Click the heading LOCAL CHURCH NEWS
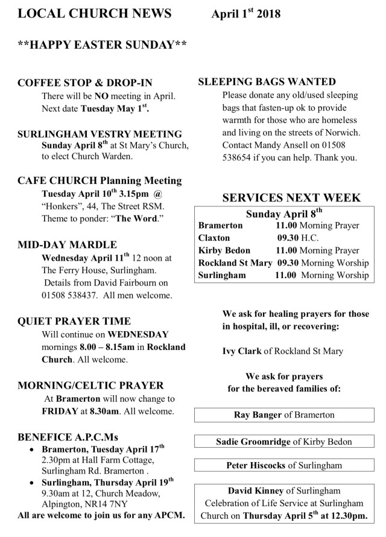94,14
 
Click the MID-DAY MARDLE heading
68,244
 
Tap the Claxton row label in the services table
215,238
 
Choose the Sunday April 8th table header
285,213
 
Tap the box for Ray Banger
284,415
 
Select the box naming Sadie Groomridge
284,442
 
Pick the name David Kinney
251,491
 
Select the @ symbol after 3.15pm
159,194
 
